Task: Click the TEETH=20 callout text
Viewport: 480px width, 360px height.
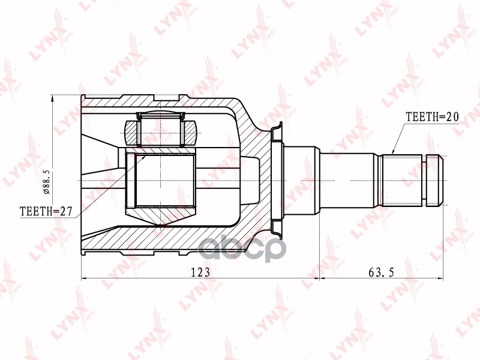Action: (x=432, y=116)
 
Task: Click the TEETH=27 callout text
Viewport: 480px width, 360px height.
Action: (x=46, y=211)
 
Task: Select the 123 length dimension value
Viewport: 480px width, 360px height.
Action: (x=200, y=272)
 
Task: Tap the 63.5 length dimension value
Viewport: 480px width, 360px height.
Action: (x=382, y=272)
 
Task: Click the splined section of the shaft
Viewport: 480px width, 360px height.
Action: (x=402, y=181)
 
